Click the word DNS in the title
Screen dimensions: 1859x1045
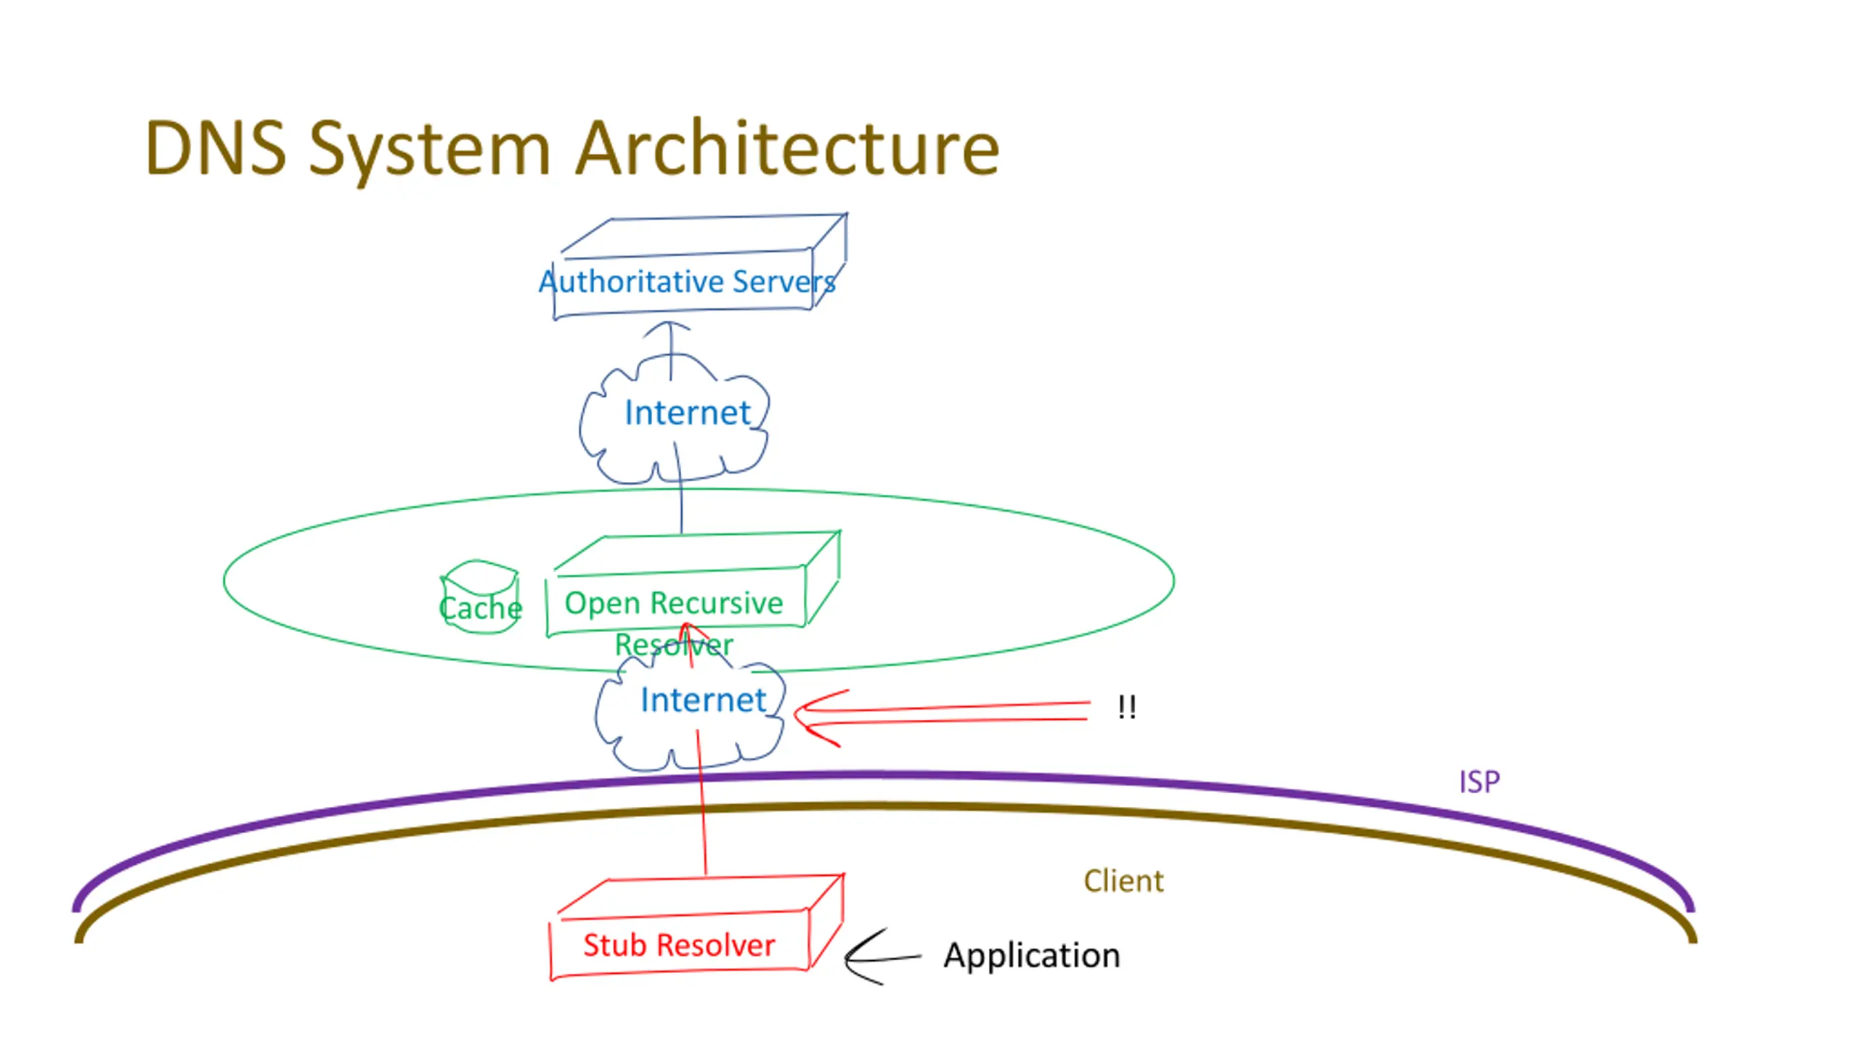coord(216,148)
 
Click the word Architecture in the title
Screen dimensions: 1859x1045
coord(788,148)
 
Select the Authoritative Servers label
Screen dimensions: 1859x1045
coord(687,281)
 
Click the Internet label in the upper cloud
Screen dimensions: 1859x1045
coord(687,412)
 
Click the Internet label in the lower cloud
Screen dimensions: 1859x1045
coord(703,700)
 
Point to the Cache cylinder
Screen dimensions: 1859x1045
coord(480,597)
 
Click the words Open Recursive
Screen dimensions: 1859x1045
coord(674,603)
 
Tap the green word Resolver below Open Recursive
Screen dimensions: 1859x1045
coord(674,644)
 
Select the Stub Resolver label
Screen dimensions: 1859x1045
coord(679,945)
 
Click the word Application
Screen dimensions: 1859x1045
coord(1032,956)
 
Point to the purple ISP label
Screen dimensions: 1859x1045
coord(1479,782)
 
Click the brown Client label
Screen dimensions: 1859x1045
coord(1123,881)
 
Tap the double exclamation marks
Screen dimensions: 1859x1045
coord(1127,707)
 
